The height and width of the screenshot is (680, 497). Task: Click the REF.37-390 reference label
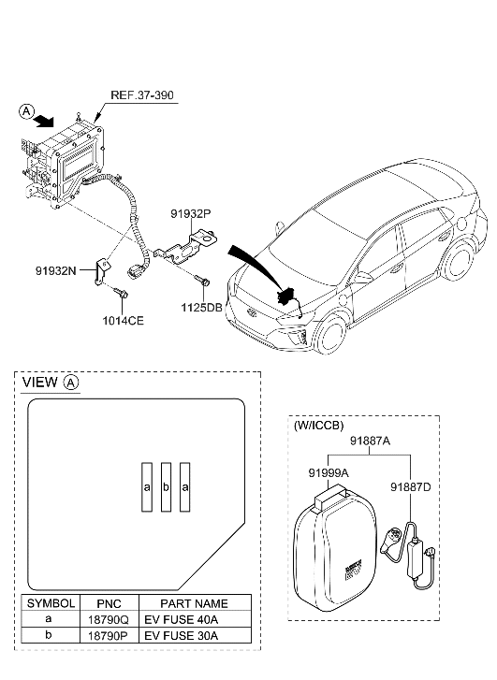pyautogui.click(x=141, y=95)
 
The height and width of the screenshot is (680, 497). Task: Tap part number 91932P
pyautogui.click(x=191, y=213)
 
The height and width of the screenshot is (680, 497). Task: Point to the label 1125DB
pyautogui.click(x=204, y=306)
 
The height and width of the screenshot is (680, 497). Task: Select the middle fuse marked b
pyautogui.click(x=166, y=487)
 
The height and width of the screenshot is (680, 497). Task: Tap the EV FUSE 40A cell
pyautogui.click(x=180, y=619)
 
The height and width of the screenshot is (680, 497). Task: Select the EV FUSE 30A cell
pyautogui.click(x=180, y=635)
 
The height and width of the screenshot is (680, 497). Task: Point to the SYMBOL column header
pyautogui.click(x=49, y=603)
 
